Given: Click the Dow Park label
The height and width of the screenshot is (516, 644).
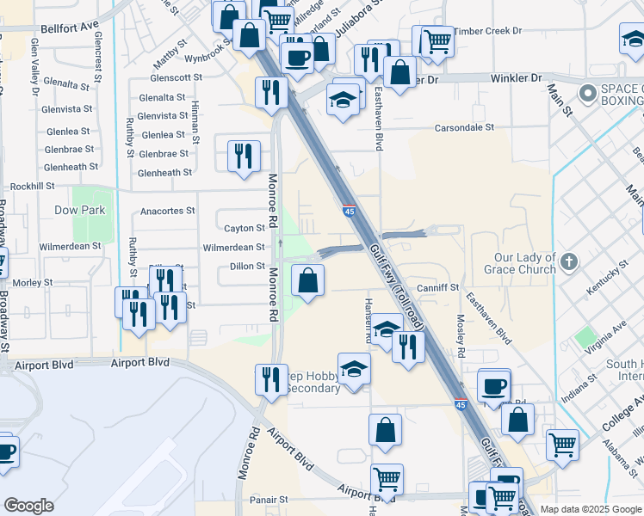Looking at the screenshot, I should coord(102,209).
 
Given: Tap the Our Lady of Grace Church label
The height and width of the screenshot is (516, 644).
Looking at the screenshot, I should coord(525,263).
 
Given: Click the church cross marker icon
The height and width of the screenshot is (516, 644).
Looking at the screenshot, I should coord(567,260).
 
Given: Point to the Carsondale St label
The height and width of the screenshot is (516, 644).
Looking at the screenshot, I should coord(463,126).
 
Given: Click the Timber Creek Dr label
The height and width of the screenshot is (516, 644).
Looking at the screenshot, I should coord(489,30).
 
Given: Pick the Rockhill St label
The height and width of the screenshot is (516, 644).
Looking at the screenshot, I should coord(32,185).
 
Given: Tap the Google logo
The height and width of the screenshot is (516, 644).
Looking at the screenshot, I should coord(28,506).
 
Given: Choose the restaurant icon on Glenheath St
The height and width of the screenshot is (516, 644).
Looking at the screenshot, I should coord(244,156).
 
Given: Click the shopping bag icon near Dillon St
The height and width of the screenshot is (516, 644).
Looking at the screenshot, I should coord(307,279).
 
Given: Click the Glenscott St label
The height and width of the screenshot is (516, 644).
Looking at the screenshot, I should coord(176,77).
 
